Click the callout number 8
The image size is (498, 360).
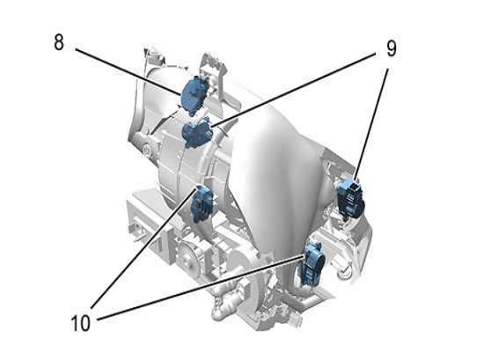coord(59,42)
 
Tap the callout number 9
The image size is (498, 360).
coord(392,49)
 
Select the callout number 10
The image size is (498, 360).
coord(80,323)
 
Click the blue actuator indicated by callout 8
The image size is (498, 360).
coord(194,95)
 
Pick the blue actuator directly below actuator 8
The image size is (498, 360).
coord(197,133)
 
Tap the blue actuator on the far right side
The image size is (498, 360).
coord(351,199)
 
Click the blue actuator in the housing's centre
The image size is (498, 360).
coord(201,203)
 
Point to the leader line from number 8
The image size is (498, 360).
coord(128,71)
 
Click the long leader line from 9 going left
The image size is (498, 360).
coord(293,91)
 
